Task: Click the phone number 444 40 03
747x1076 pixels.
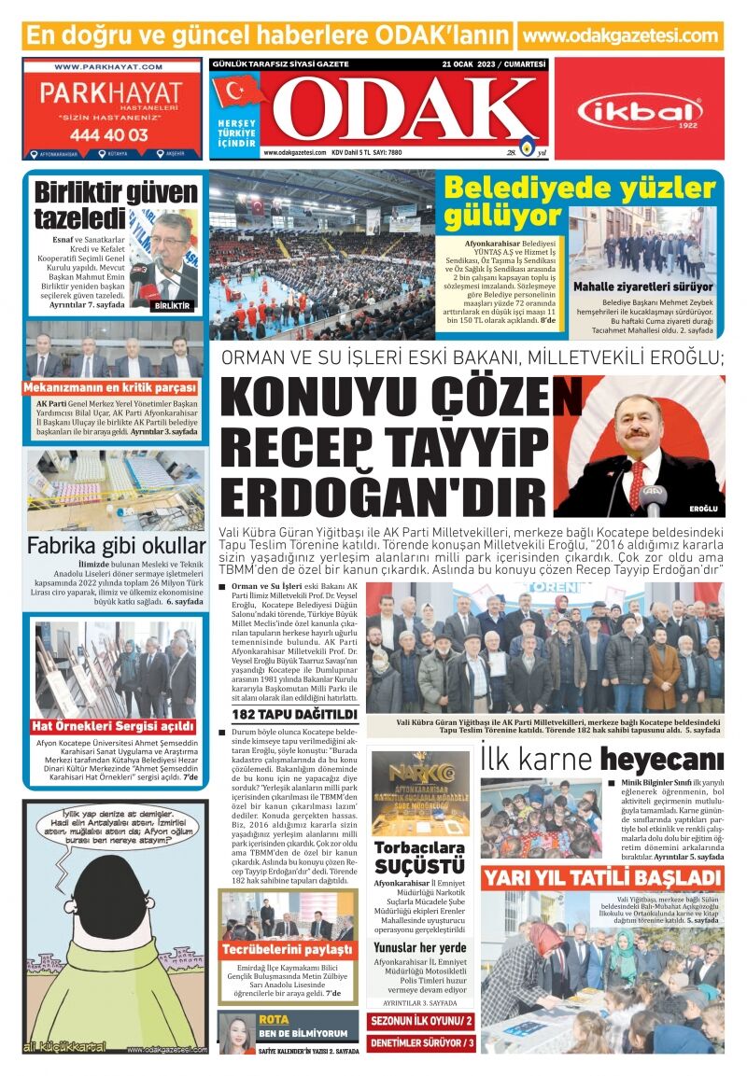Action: point(108,134)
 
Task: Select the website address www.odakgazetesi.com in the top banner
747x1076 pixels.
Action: point(621,35)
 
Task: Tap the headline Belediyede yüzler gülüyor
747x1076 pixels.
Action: point(579,202)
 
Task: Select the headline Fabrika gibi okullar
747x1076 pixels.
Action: point(116,546)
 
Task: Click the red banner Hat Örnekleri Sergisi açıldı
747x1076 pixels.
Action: point(115,725)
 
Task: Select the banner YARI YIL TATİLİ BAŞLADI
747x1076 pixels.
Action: point(602,878)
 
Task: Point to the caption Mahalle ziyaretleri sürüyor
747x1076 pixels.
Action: point(642,286)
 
